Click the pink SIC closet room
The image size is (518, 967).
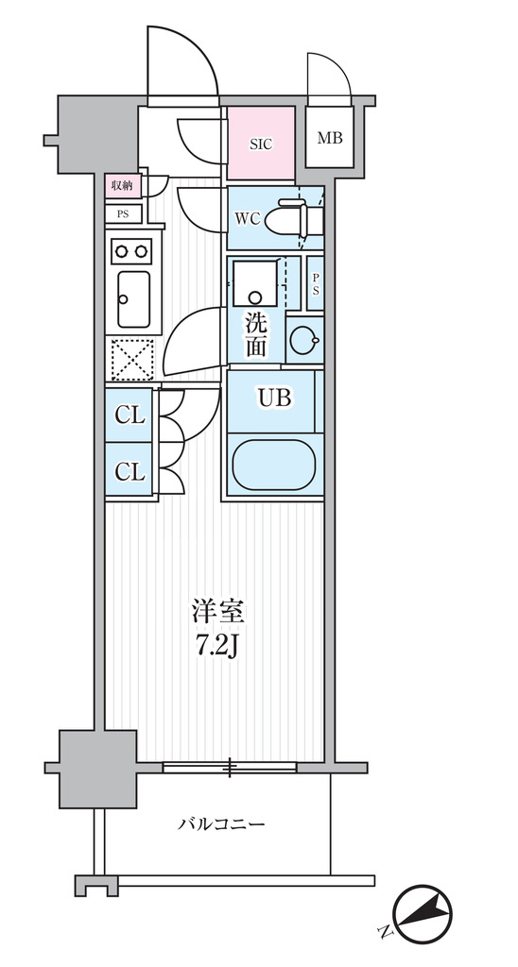pyautogui.click(x=261, y=144)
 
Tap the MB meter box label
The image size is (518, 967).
pyautogui.click(x=330, y=138)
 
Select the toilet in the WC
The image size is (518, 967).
pyautogui.click(x=295, y=217)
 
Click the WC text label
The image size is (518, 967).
pyautogui.click(x=247, y=219)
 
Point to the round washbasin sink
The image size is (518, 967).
pyautogui.click(x=304, y=340)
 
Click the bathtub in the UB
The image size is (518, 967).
pyautogui.click(x=274, y=466)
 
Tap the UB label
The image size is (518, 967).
pyautogui.click(x=274, y=399)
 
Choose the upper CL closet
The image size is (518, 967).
pyautogui.click(x=129, y=416)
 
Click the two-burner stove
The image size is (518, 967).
pyautogui.click(x=130, y=251)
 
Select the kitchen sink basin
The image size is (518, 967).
pyautogui.click(x=133, y=299)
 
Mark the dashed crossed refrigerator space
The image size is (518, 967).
pyautogui.click(x=132, y=359)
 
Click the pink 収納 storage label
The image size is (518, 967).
pyautogui.click(x=123, y=185)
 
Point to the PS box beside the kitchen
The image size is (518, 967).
pyautogui.click(x=124, y=214)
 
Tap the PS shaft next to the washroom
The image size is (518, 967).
pyautogui.click(x=316, y=283)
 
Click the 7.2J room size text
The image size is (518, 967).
pyautogui.click(x=218, y=648)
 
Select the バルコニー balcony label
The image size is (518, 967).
pyautogui.click(x=221, y=823)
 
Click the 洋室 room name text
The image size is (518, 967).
pyautogui.click(x=218, y=612)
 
